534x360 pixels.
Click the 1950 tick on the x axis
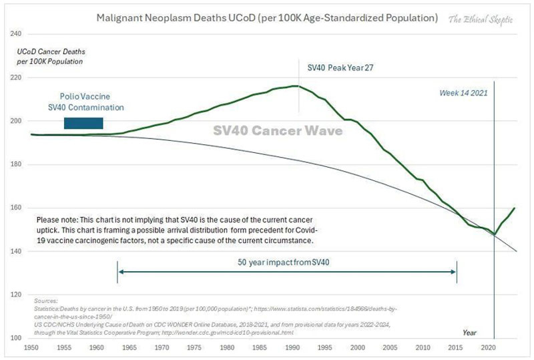point(31,348)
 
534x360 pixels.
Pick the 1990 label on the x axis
point(292,348)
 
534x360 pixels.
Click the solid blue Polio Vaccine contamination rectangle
point(83,123)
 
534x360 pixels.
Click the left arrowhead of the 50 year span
point(119,271)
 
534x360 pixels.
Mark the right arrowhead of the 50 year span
point(455,271)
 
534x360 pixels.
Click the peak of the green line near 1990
point(294,85)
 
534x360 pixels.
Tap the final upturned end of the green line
point(514,208)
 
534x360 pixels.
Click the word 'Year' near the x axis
point(471,332)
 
